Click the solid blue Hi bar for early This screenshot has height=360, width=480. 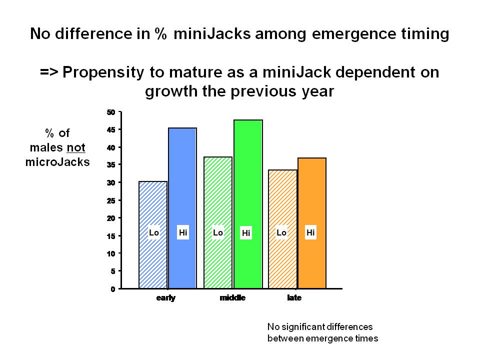pos(182,208)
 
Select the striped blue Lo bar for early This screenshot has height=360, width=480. pos(153,235)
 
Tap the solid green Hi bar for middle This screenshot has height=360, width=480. pos(248,204)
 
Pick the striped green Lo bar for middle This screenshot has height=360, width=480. pos(218,222)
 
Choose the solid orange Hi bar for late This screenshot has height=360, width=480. pos(312,223)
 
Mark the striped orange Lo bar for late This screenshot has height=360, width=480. pos(282,229)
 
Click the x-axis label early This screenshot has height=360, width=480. pos(166,298)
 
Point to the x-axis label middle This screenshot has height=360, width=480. pos(232,297)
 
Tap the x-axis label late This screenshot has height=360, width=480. pos(294,297)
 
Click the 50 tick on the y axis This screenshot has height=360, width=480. pos(111,112)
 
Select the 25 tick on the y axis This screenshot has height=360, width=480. pos(111,201)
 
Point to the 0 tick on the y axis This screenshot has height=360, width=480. pos(113,289)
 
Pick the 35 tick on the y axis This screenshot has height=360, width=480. pos(111,165)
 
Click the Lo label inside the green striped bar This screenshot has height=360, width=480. pos(218,232)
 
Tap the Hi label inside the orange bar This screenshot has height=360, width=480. pos(310,232)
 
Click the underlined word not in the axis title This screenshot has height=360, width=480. pos(76,147)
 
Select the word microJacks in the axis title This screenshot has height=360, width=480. pos(57,162)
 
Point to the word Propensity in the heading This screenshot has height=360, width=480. pos(103,72)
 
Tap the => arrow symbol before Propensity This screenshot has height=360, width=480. pos(49,72)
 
